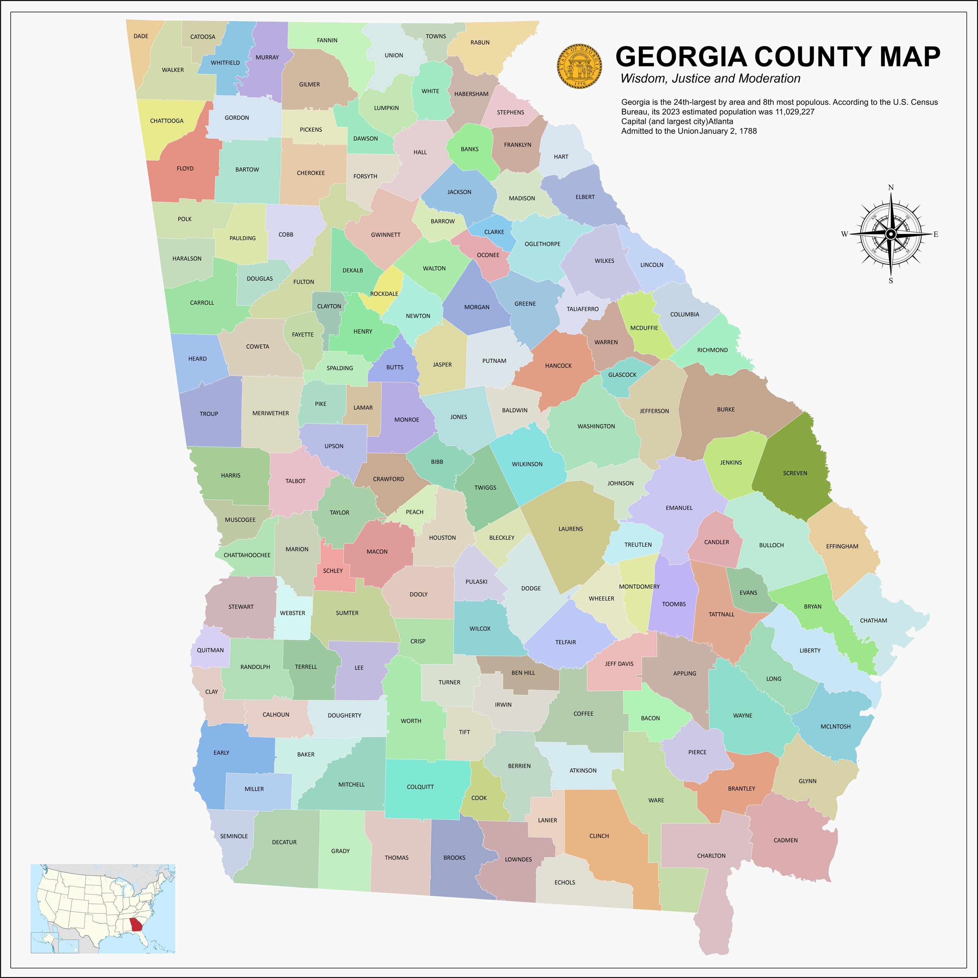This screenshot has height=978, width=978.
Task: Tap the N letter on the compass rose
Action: [x=891, y=188]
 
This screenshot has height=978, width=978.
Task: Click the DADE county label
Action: [x=141, y=36]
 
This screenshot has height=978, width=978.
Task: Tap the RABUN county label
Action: [x=480, y=42]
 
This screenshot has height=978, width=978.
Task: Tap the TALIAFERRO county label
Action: [x=583, y=309]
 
